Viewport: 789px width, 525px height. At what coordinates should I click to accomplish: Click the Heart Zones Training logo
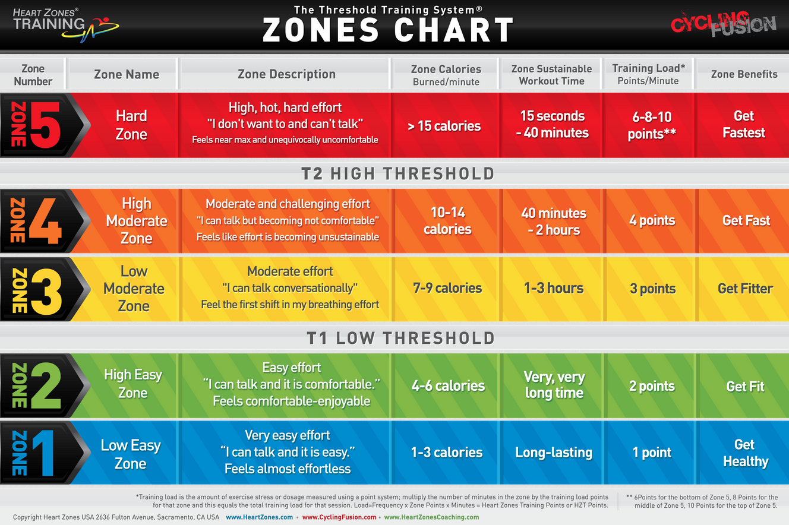coord(65,23)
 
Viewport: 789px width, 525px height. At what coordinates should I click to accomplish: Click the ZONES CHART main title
coord(388,30)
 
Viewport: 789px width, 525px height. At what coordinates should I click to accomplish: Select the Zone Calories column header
coord(446,75)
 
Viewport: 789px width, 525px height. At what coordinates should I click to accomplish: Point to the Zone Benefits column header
coord(744,74)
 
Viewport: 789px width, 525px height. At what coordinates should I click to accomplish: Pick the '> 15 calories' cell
coord(444,126)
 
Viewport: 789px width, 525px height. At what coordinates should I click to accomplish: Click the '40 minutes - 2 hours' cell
coord(553,222)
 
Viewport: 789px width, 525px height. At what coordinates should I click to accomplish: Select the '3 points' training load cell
coord(652,289)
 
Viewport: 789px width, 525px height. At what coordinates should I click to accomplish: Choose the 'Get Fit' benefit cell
coord(745,387)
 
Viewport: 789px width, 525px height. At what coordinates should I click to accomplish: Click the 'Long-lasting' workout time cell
coord(553,453)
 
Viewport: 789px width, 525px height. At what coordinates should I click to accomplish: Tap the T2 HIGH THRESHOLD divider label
coord(397,173)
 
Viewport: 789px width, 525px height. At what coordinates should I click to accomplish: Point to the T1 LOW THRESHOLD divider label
coord(400,338)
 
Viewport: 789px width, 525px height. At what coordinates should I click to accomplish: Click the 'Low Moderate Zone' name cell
coord(133,289)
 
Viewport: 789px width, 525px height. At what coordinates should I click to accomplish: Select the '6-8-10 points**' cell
coord(652,125)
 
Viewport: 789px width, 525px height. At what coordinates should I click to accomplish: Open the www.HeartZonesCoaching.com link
coord(431,517)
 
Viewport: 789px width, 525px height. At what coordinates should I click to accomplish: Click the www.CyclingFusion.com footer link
coord(339,517)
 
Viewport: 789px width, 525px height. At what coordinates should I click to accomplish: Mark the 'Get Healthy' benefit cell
coord(745,453)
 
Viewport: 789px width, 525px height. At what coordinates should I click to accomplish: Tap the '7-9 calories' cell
coord(447,289)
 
